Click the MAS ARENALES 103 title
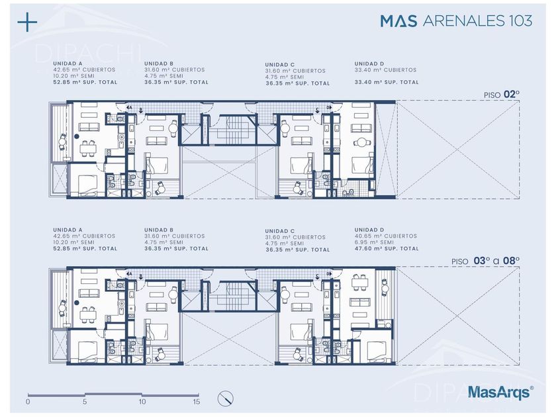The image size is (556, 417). (x=456, y=21)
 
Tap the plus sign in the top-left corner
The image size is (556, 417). (x=27, y=22)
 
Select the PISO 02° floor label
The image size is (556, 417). (x=502, y=95)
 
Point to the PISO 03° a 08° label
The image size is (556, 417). (x=485, y=261)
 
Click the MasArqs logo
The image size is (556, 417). (x=500, y=392)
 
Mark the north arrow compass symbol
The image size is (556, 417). (x=226, y=398)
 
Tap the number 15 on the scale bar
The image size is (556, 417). (x=197, y=402)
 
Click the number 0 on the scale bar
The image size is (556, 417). (x=28, y=402)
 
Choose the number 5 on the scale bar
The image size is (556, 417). (x=85, y=402)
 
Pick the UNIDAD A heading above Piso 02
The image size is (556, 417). (x=68, y=64)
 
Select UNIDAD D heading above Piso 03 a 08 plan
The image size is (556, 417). (x=369, y=230)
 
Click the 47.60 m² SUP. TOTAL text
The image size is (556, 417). (x=387, y=249)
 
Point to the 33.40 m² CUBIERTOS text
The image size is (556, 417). (x=385, y=70)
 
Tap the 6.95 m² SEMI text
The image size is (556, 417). (x=374, y=242)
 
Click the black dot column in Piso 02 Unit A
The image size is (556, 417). (x=76, y=136)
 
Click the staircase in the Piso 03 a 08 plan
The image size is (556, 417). (x=232, y=296)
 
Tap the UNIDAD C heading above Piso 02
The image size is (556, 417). (x=280, y=65)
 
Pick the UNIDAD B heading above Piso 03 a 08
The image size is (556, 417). (x=159, y=230)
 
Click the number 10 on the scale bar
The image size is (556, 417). (x=142, y=402)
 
